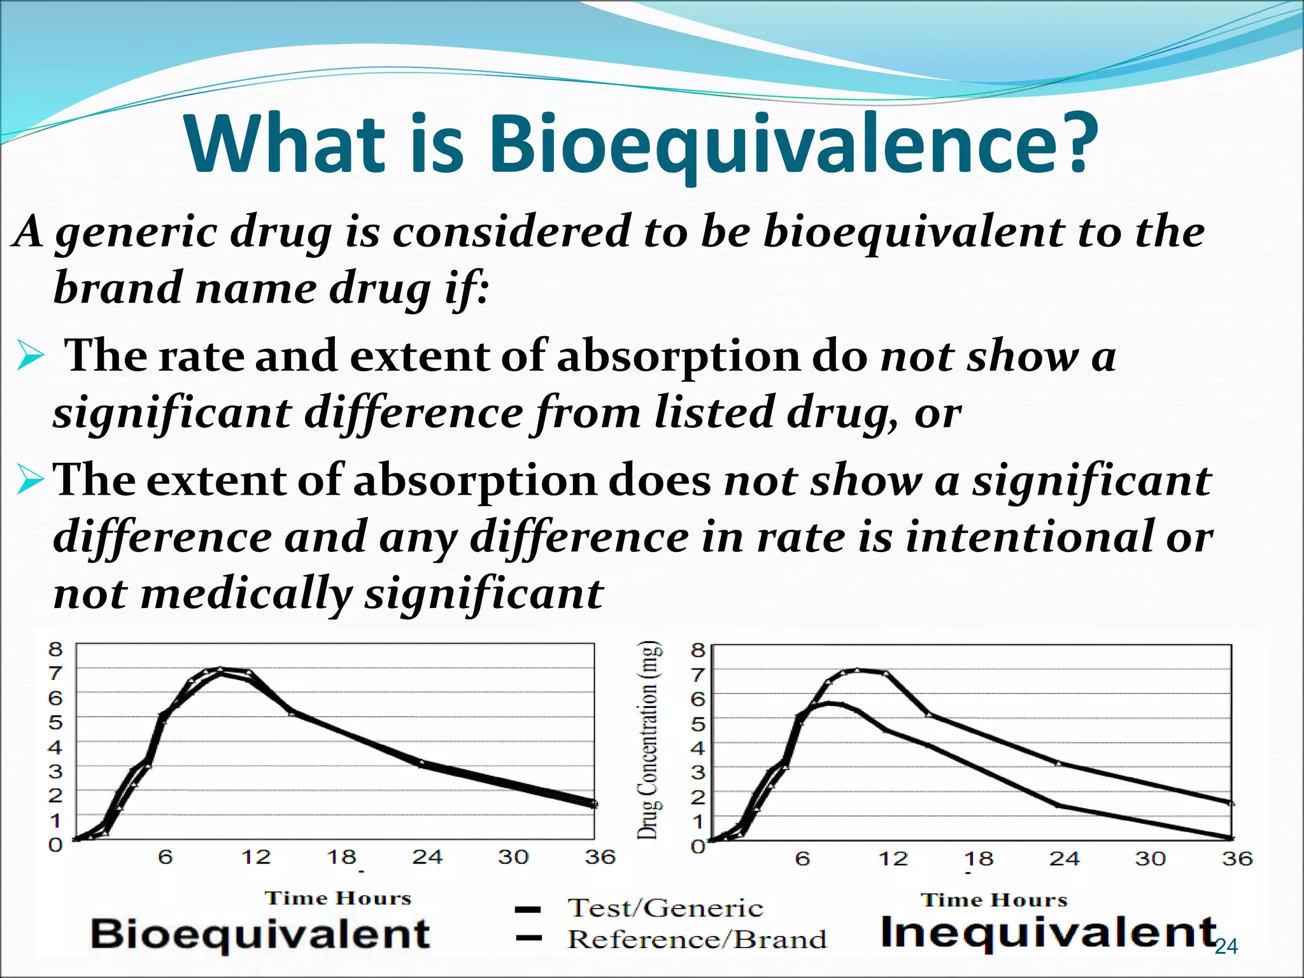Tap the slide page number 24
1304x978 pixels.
tap(1226, 947)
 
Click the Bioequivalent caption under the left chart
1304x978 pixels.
tap(260, 934)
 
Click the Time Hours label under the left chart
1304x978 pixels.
tap(338, 898)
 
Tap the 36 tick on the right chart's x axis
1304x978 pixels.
tap(1237, 859)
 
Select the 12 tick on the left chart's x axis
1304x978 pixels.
tap(256, 857)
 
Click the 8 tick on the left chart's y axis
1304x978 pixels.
tap(56, 649)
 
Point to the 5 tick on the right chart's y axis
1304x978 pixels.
tap(698, 725)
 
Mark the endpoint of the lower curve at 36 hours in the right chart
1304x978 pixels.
tap(1231, 838)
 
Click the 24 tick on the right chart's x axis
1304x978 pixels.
tap(1065, 859)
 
